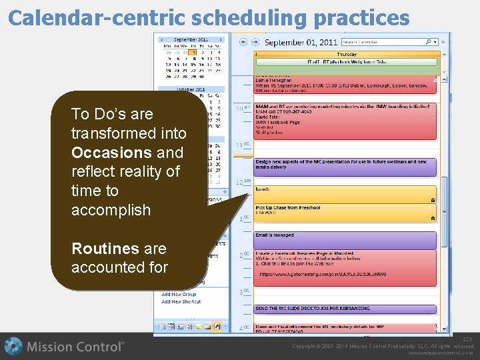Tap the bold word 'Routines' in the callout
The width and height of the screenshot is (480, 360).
pos(105,249)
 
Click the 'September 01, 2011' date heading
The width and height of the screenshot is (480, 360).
pos(301,42)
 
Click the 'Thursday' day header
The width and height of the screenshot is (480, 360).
pos(346,54)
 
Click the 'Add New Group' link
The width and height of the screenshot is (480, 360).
pos(179,294)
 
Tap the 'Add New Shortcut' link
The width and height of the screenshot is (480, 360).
pos(181,301)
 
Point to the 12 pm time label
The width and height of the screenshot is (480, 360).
pos(243,182)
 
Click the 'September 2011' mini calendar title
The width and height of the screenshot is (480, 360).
pos(190,40)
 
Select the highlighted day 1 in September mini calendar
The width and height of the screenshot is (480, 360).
pos(192,52)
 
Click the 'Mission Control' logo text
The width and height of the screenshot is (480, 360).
pos(75,347)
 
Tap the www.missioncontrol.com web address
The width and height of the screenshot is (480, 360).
pos(441,353)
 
